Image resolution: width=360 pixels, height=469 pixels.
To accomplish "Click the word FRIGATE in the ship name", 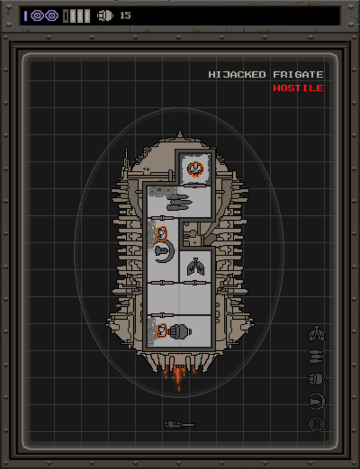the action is click(298, 75).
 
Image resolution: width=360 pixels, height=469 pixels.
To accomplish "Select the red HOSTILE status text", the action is click(298, 88).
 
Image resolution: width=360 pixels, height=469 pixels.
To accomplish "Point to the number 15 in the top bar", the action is click(125, 16).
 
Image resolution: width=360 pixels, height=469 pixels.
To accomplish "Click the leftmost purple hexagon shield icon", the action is click(37, 16).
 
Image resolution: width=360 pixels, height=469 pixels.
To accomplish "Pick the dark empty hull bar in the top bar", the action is click(66, 16).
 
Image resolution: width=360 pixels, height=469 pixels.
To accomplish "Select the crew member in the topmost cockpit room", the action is click(195, 169).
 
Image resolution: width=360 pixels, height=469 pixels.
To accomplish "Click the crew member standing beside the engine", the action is click(162, 330).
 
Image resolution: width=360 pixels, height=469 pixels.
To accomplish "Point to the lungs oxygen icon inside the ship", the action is click(196, 265).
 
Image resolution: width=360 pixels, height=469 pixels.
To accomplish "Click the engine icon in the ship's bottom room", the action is click(181, 331).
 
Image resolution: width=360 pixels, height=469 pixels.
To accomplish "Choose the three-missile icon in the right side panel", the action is click(317, 357).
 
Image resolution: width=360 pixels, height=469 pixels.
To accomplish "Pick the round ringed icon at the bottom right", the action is click(317, 425).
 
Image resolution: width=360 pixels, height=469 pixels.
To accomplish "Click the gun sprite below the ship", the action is click(179, 425).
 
